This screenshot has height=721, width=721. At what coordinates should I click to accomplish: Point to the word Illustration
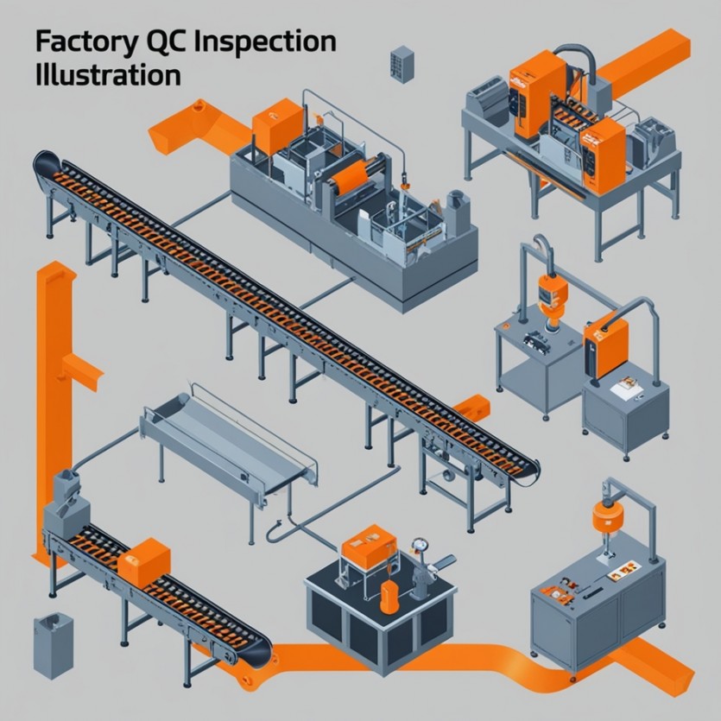(108, 73)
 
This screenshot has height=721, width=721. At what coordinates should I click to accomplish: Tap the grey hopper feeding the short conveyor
(63, 504)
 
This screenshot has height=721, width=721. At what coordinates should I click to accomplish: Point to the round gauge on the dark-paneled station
(421, 546)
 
